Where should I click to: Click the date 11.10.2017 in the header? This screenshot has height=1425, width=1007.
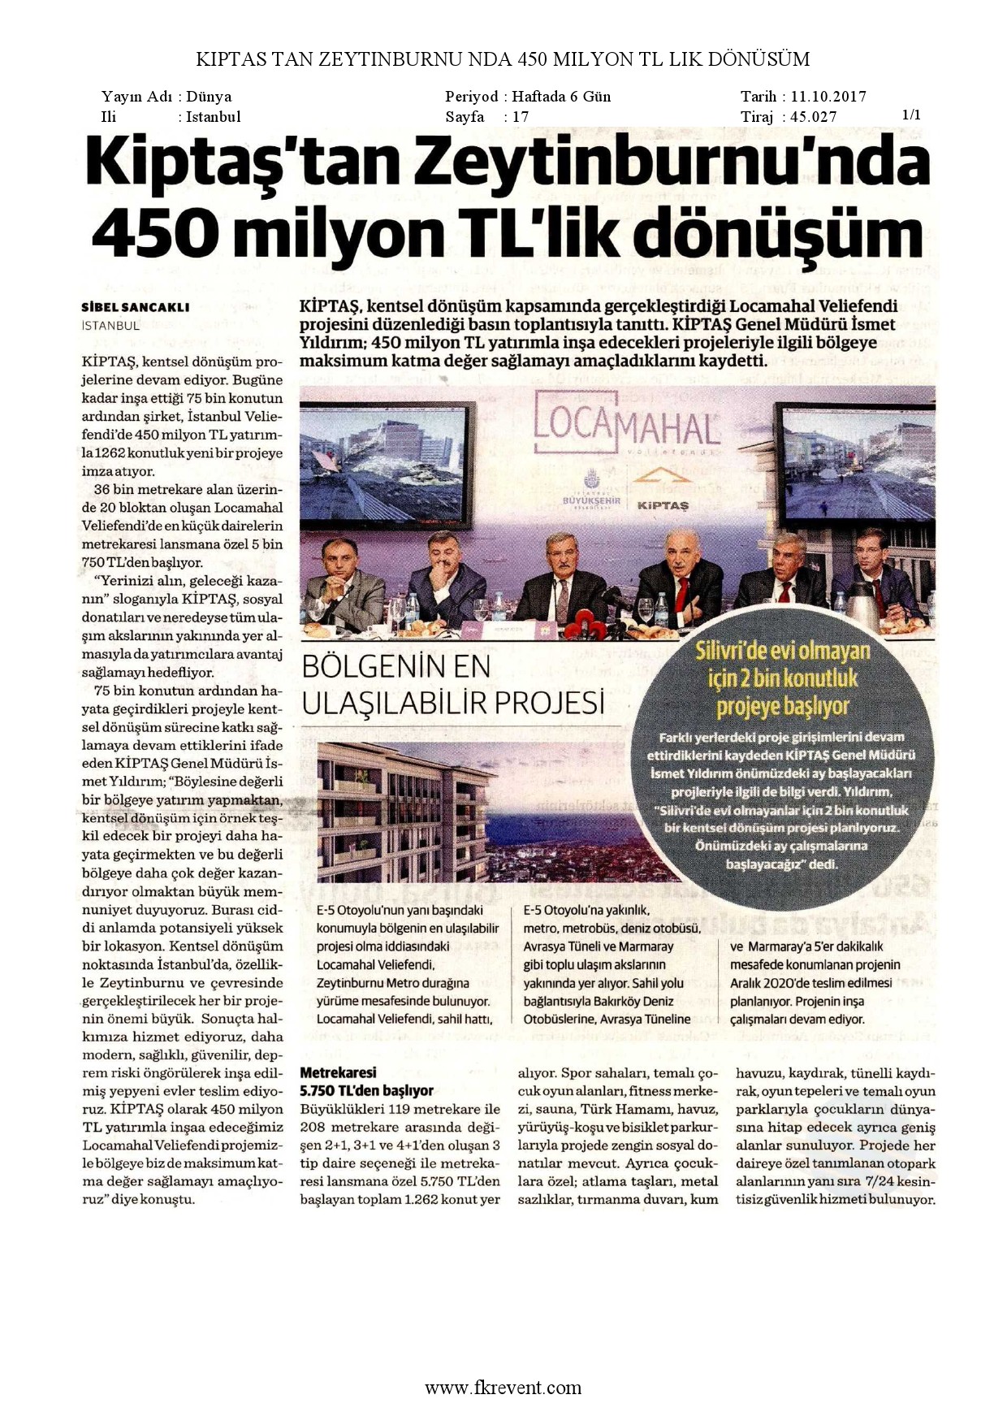pos(828,97)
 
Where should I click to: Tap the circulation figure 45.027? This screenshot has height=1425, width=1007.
pos(813,117)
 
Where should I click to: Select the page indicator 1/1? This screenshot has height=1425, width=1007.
pos(911,115)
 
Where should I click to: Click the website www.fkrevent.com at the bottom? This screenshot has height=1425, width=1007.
pos(503,1388)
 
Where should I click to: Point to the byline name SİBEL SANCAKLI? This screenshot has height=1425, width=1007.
pos(136,307)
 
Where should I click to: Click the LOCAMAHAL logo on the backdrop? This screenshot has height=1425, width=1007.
pos(627,426)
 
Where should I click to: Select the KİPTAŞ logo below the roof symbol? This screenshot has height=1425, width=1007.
pos(663,505)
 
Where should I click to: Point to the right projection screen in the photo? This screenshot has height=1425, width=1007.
pos(857,463)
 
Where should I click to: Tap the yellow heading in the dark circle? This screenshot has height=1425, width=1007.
pos(782,678)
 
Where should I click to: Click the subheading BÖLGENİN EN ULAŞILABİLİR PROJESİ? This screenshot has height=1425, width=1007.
pos(453,684)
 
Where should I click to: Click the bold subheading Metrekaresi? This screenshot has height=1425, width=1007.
pos(339,1072)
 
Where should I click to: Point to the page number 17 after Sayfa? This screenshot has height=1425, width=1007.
pos(521,117)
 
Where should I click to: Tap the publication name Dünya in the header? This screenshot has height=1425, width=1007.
pos(209,97)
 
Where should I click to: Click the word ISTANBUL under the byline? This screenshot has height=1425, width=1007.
pos(110,326)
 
